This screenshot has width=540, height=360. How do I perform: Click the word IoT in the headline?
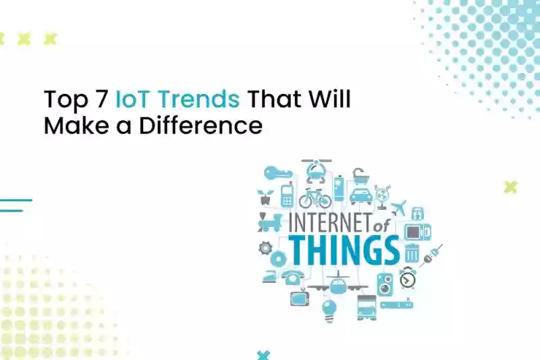point(132,99)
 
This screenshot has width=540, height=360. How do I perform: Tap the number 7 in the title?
point(100,99)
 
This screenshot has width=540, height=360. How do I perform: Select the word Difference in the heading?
point(200,126)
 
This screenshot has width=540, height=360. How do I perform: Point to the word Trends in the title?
point(199,99)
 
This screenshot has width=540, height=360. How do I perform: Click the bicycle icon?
point(315,198)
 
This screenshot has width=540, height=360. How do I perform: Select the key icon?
point(278,172)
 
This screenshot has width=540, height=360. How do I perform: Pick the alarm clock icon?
point(408,278)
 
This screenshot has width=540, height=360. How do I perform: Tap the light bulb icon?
point(329,311)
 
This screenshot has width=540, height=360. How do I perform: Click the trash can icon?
point(412,253)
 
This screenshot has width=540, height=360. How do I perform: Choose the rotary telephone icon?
point(293,277)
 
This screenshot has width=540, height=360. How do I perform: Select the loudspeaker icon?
point(385,284)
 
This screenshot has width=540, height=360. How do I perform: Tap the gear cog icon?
point(265,248)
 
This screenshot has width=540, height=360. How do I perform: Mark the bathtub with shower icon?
point(360,176)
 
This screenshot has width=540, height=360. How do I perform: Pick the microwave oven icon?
point(417,232)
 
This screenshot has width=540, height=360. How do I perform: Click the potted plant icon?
point(265,197)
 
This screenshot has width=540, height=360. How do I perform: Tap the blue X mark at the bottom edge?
point(263,355)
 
